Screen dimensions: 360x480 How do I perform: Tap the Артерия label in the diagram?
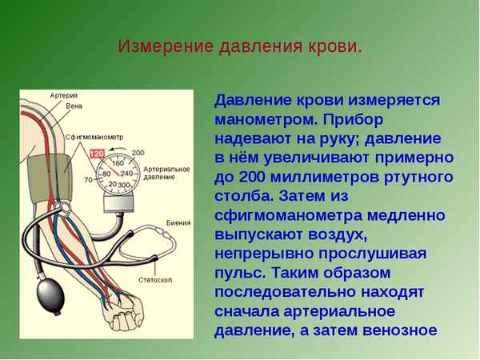point(64,95)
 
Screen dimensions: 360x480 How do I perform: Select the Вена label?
point(74,106)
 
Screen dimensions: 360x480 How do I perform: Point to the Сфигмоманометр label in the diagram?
point(95,137)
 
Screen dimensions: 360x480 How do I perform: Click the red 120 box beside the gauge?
point(97,153)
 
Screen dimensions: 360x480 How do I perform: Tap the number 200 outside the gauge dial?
point(138,152)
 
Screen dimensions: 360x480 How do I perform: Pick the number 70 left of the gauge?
point(87,180)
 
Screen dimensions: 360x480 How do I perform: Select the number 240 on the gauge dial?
point(126,173)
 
